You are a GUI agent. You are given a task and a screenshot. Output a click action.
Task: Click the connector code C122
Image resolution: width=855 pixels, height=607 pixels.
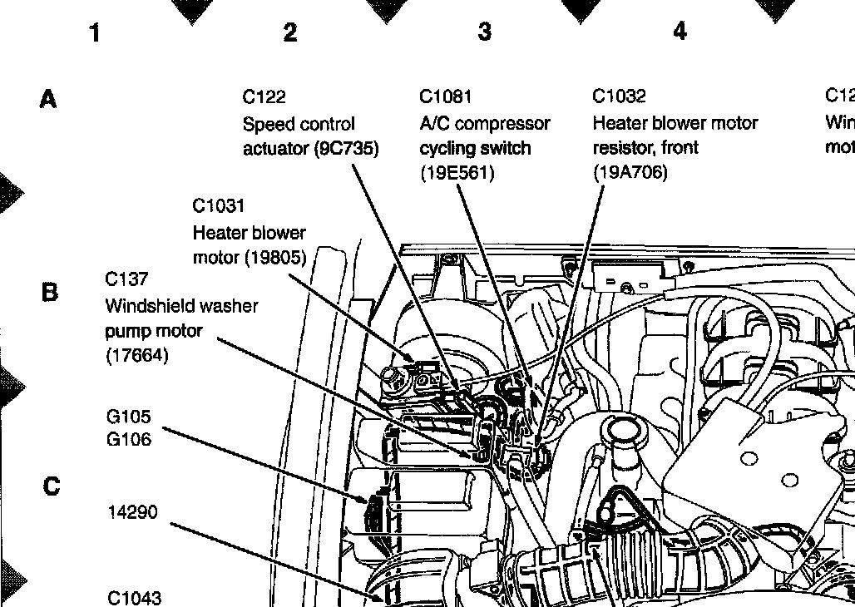pyautogui.click(x=264, y=97)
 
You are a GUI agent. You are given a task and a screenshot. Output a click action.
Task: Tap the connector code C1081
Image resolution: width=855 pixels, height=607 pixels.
pyautogui.click(x=445, y=97)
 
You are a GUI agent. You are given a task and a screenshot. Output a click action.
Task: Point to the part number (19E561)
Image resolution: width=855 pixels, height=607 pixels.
pyautogui.click(x=457, y=173)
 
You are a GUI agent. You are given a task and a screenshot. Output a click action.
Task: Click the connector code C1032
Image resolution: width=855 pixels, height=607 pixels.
pyautogui.click(x=619, y=96)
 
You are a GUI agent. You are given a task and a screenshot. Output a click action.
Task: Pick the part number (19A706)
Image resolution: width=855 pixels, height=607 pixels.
pyautogui.click(x=630, y=173)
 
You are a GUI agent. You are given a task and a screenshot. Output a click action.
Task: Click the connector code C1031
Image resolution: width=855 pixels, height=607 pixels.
pyautogui.click(x=219, y=205)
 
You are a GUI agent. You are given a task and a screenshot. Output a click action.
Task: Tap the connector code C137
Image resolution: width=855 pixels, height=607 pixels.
pyautogui.click(x=127, y=279)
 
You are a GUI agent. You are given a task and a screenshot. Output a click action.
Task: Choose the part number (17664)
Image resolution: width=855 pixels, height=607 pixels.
pyautogui.click(x=137, y=356)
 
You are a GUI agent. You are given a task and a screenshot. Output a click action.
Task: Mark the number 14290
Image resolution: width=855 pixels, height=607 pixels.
pyautogui.click(x=133, y=512)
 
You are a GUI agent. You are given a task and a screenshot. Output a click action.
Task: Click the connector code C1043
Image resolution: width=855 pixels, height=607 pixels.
pyautogui.click(x=135, y=597)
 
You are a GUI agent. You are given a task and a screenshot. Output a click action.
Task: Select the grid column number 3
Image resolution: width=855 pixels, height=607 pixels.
pyautogui.click(x=484, y=32)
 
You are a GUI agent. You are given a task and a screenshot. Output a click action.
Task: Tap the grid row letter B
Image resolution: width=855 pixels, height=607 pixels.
pyautogui.click(x=49, y=293)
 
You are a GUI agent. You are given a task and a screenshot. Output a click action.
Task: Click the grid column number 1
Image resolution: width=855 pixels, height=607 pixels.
pyautogui.click(x=95, y=32)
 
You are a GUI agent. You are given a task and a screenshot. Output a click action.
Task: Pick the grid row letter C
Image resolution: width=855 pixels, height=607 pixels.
pyautogui.click(x=51, y=486)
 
